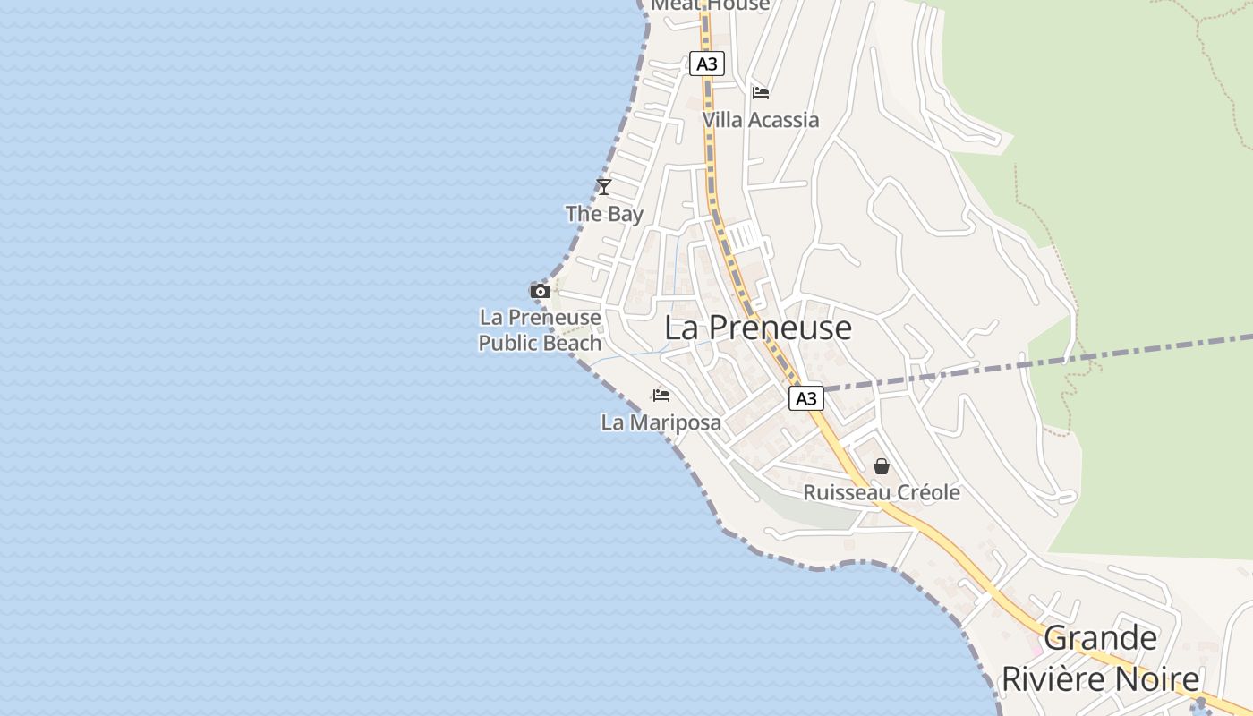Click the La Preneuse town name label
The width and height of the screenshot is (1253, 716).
click(x=757, y=328)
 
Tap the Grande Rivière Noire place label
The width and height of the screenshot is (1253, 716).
click(x=1100, y=659)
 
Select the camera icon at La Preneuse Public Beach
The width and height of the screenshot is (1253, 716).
click(x=540, y=291)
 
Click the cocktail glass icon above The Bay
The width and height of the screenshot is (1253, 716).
click(x=604, y=186)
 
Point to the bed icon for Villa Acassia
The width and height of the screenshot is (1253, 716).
click(x=761, y=93)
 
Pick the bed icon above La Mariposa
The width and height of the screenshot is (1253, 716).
click(x=661, y=396)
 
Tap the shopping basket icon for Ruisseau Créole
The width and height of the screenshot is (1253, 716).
click(x=882, y=466)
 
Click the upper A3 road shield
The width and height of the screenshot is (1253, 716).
click(x=707, y=64)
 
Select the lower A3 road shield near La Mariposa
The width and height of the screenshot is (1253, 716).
click(x=805, y=398)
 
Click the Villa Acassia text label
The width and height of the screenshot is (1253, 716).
click(x=760, y=120)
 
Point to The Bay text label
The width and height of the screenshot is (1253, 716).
click(x=604, y=214)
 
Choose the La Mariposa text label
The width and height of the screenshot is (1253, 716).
click(x=661, y=422)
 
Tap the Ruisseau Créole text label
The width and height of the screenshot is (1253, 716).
click(x=881, y=492)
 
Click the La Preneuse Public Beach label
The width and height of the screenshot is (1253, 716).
click(x=540, y=330)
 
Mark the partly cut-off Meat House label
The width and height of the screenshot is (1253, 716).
click(x=710, y=5)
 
